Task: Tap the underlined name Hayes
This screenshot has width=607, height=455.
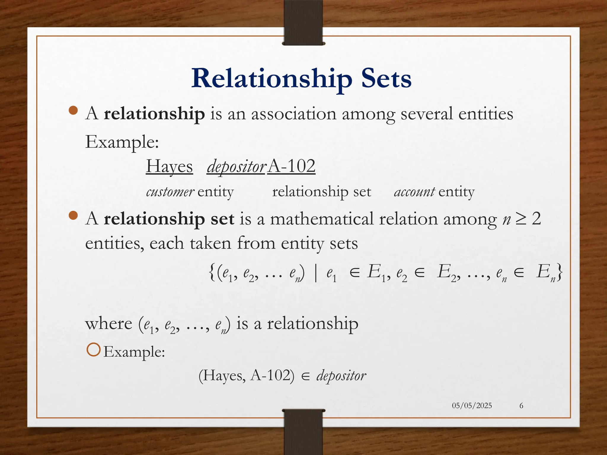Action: point(169,166)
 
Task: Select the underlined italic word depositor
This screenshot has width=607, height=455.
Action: point(236,167)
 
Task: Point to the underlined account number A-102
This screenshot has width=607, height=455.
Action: point(291,166)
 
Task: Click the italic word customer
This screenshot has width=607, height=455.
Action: point(170,192)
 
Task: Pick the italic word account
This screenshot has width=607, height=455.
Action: point(414,192)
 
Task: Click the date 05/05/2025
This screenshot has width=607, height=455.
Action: point(472,406)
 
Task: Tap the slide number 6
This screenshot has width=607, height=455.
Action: point(521,406)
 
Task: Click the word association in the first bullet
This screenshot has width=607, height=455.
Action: point(294,114)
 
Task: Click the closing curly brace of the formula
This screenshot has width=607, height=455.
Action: point(559,272)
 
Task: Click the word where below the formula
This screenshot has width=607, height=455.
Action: point(108,323)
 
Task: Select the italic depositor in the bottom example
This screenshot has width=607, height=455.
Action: point(341,376)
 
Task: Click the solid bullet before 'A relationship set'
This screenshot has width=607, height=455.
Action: point(73,216)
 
